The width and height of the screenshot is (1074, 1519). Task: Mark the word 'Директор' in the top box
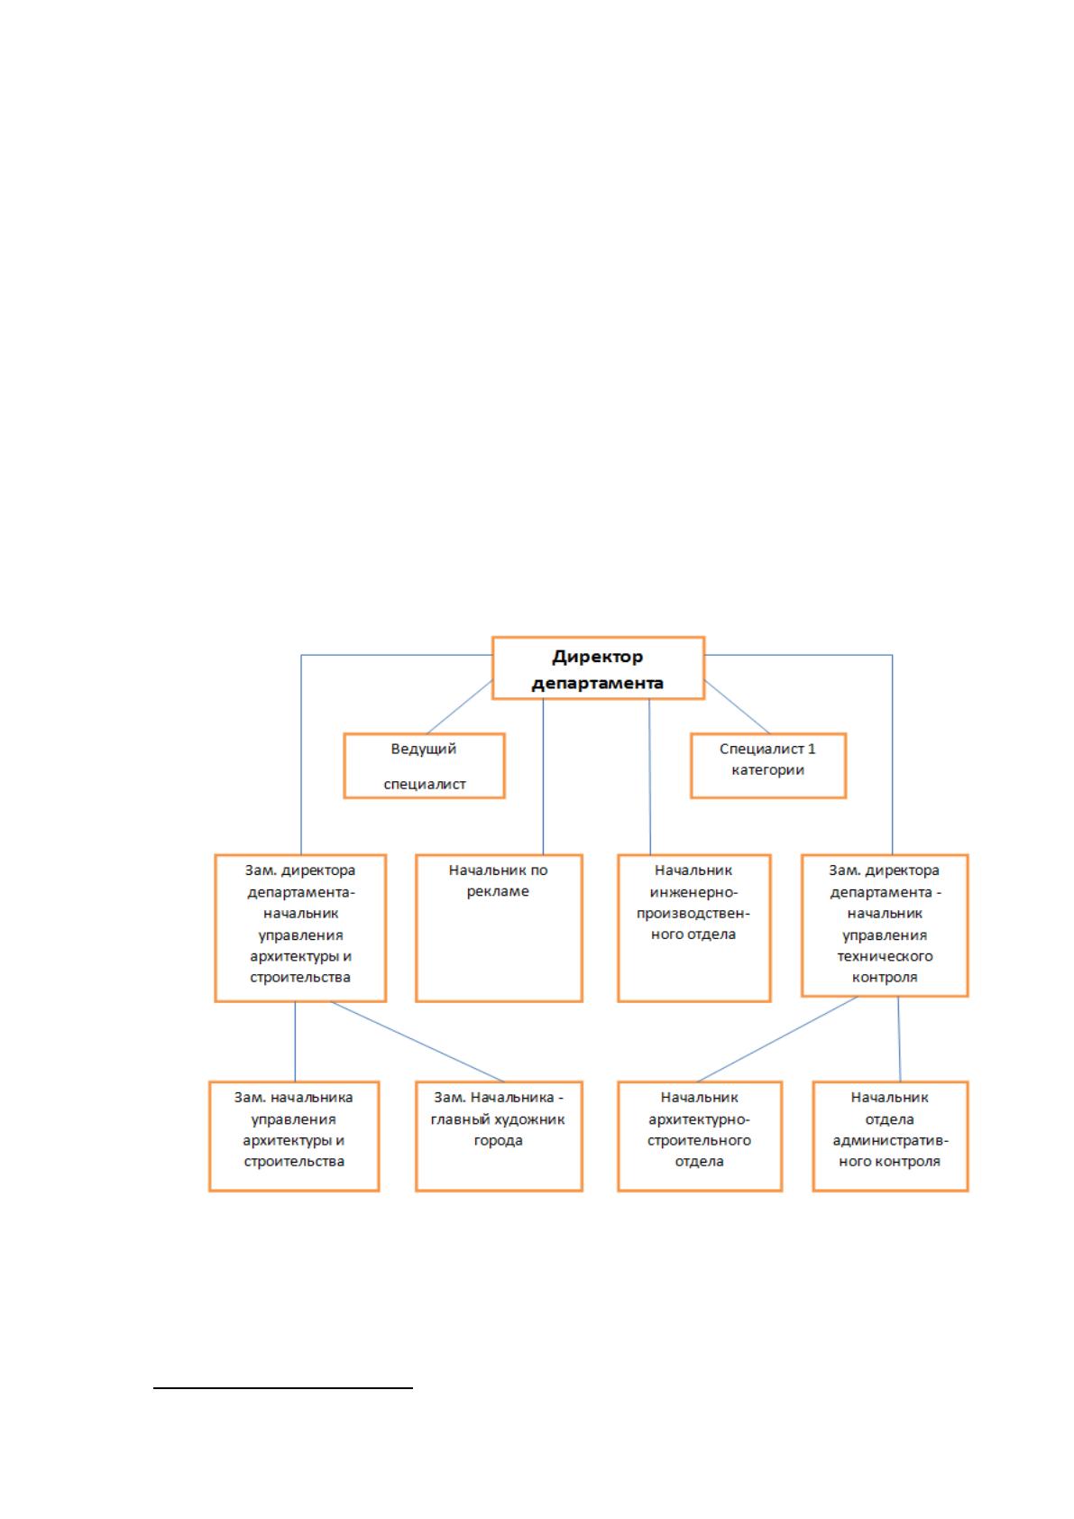coord(597,657)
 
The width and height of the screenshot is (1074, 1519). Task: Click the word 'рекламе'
coord(498,891)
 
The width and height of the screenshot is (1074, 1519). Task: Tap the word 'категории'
coord(767,770)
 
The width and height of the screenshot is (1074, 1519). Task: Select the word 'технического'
coord(885,956)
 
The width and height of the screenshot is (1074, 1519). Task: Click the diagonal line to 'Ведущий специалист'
coord(459,706)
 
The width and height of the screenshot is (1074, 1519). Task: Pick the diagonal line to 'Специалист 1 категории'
coord(737,706)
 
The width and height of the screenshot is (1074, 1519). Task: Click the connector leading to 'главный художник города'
coord(417,1042)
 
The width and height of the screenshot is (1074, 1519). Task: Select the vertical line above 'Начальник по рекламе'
coord(543,777)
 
